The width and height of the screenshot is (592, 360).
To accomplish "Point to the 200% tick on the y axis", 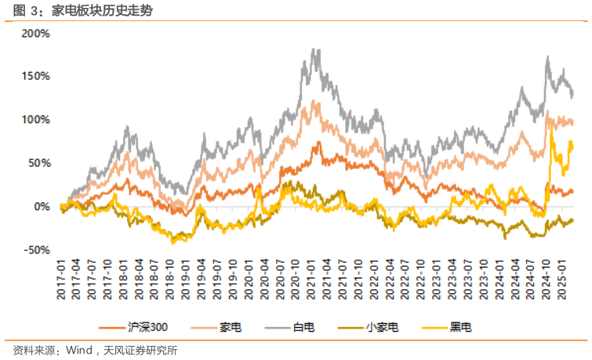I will coord(36,34).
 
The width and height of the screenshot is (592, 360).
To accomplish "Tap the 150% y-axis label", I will coord(36,77).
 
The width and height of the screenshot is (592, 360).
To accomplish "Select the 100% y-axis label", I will coord(36,120).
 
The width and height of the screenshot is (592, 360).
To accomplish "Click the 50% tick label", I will coord(39,163).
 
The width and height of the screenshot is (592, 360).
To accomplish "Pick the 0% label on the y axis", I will coord(42,206).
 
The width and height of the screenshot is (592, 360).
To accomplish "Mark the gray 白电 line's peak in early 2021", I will coord(315,50).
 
